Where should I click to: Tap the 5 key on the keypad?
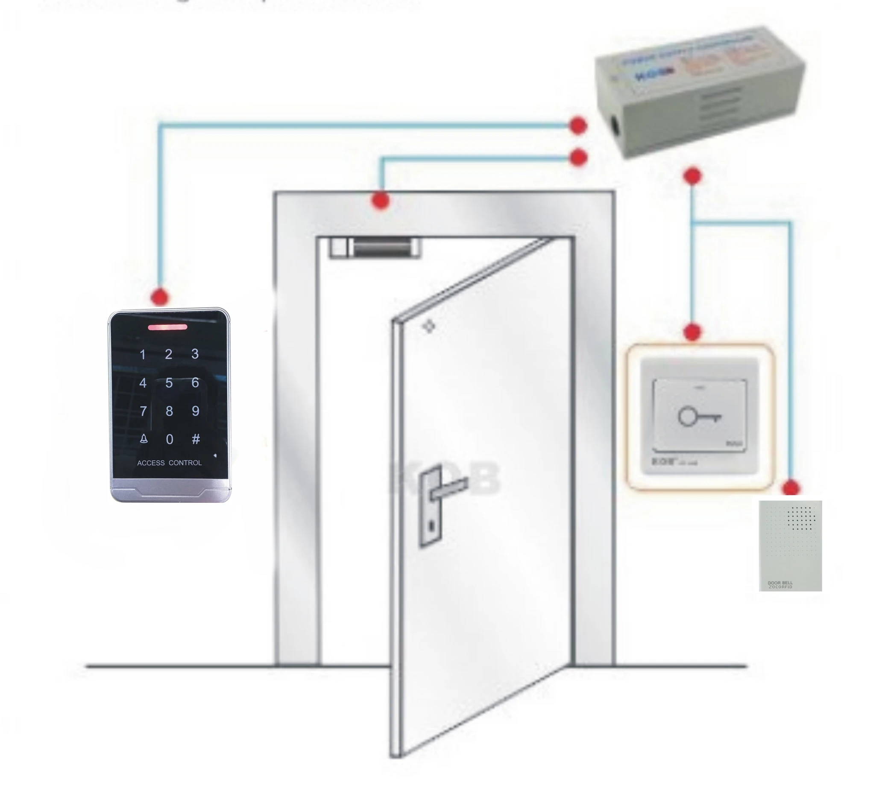[169, 383]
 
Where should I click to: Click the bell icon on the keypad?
[144, 439]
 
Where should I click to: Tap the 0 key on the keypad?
[170, 439]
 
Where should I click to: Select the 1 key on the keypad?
[143, 355]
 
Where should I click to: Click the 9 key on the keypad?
[196, 411]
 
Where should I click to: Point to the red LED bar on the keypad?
[167, 327]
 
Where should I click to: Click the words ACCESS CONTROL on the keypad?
[169, 463]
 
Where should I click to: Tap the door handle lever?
[449, 488]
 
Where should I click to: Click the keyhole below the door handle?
[431, 527]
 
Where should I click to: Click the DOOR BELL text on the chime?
[780, 582]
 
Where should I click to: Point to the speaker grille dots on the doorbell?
[801, 518]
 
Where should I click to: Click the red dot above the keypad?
[160, 298]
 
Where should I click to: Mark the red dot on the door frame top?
[381, 201]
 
